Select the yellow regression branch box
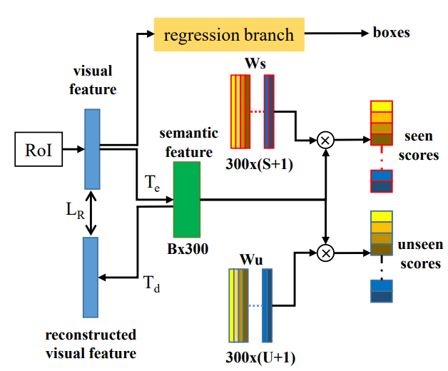click(x=228, y=34)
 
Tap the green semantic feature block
click(x=187, y=199)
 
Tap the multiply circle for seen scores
click(x=325, y=140)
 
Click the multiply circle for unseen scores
click(x=325, y=251)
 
